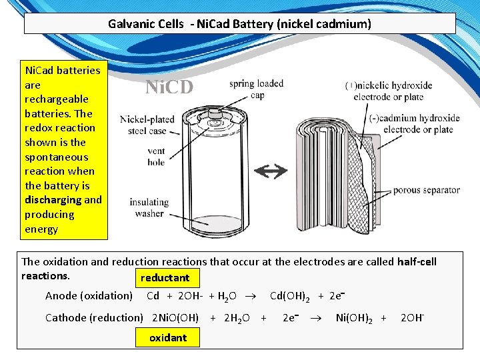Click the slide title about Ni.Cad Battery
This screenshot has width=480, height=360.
[x=239, y=24]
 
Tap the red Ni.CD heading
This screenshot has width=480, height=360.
[x=169, y=87]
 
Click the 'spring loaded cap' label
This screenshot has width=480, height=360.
[x=256, y=89]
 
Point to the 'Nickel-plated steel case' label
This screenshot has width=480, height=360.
[x=147, y=125]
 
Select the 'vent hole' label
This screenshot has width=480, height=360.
[x=156, y=157]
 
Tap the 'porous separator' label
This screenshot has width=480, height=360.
[x=426, y=190]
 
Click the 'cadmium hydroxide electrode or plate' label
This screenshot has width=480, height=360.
[x=411, y=124]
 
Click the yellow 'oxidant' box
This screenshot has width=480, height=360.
[x=168, y=337]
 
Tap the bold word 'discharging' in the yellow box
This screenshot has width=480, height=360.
[x=53, y=200]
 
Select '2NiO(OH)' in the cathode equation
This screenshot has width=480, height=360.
[x=175, y=318]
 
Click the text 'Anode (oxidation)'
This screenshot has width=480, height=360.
[x=89, y=296]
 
